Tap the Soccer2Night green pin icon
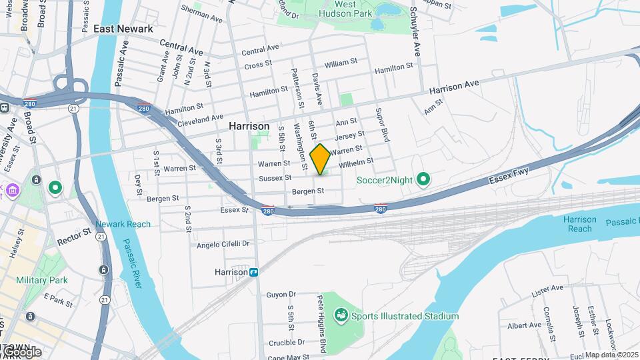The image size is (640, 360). tap(423, 179)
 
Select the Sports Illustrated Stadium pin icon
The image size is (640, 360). tap(341, 314)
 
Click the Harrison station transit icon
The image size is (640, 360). tap(253, 272)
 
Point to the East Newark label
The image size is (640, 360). tap(123, 29)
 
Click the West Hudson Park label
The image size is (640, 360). tap(354, 8)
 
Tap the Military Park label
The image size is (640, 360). tap(42, 280)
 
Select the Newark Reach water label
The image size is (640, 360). tap(123, 224)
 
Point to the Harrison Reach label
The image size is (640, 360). tap(579, 224)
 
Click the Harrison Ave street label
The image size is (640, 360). tap(454, 88)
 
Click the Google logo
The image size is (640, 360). tap(21, 351)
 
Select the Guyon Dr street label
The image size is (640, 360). tap(281, 294)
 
